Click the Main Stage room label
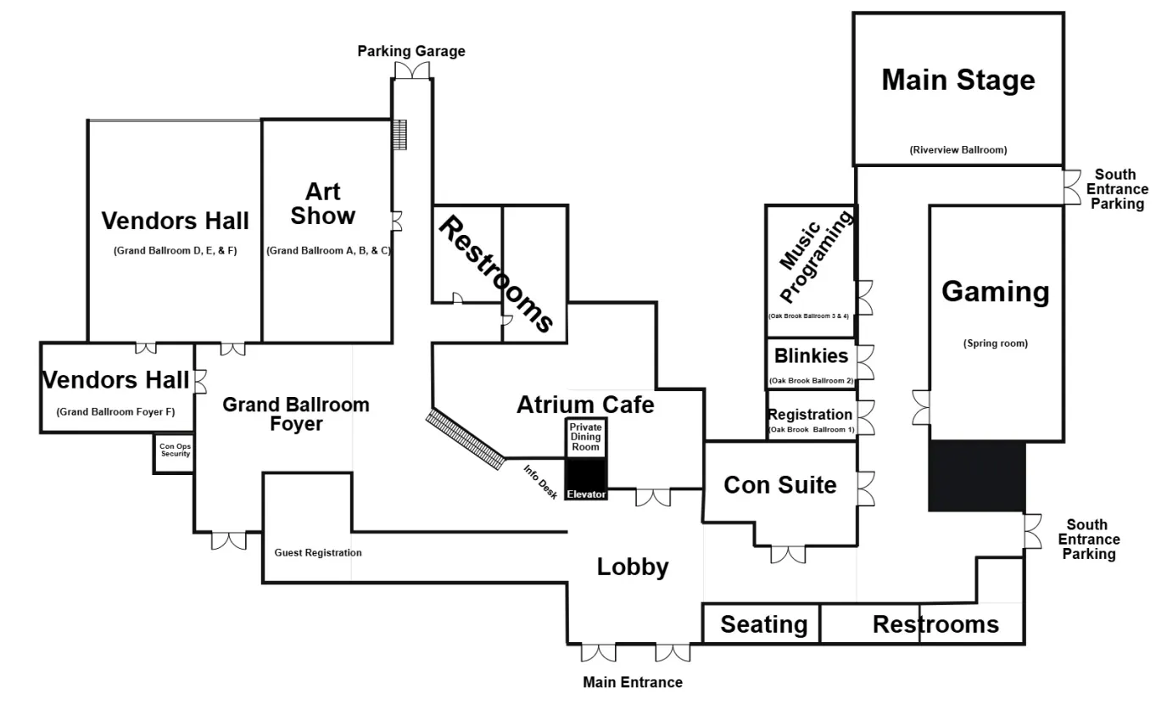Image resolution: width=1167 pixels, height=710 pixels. tap(958, 80)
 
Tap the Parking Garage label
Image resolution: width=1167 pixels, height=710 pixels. tap(410, 51)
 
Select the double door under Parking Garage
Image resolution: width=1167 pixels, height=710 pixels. tap(412, 72)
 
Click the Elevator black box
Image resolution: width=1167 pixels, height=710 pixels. tap(587, 479)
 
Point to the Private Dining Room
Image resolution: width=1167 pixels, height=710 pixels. tap(585, 436)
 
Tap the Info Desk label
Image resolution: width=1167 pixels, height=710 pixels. tap(540, 481)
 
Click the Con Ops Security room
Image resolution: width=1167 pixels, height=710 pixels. tap(175, 450)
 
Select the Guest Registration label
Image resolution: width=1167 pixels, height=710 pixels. tap(318, 552)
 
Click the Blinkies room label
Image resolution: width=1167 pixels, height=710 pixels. tap(811, 356)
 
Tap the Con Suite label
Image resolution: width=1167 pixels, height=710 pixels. tap(779, 484)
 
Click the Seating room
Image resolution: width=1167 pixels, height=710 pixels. tap(763, 624)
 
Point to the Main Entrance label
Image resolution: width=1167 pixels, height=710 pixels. tap(632, 682)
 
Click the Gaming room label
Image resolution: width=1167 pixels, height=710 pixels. tap(995, 291)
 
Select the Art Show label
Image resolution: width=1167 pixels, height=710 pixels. tap(322, 203)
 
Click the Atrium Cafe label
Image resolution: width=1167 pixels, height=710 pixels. tap(585, 405)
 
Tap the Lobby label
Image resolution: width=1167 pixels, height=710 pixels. tap(633, 567)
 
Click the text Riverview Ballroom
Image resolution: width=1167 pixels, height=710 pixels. tap(958, 150)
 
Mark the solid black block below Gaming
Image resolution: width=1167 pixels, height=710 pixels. tap(977, 476)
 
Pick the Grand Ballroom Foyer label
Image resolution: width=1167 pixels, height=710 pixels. tap(295, 413)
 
